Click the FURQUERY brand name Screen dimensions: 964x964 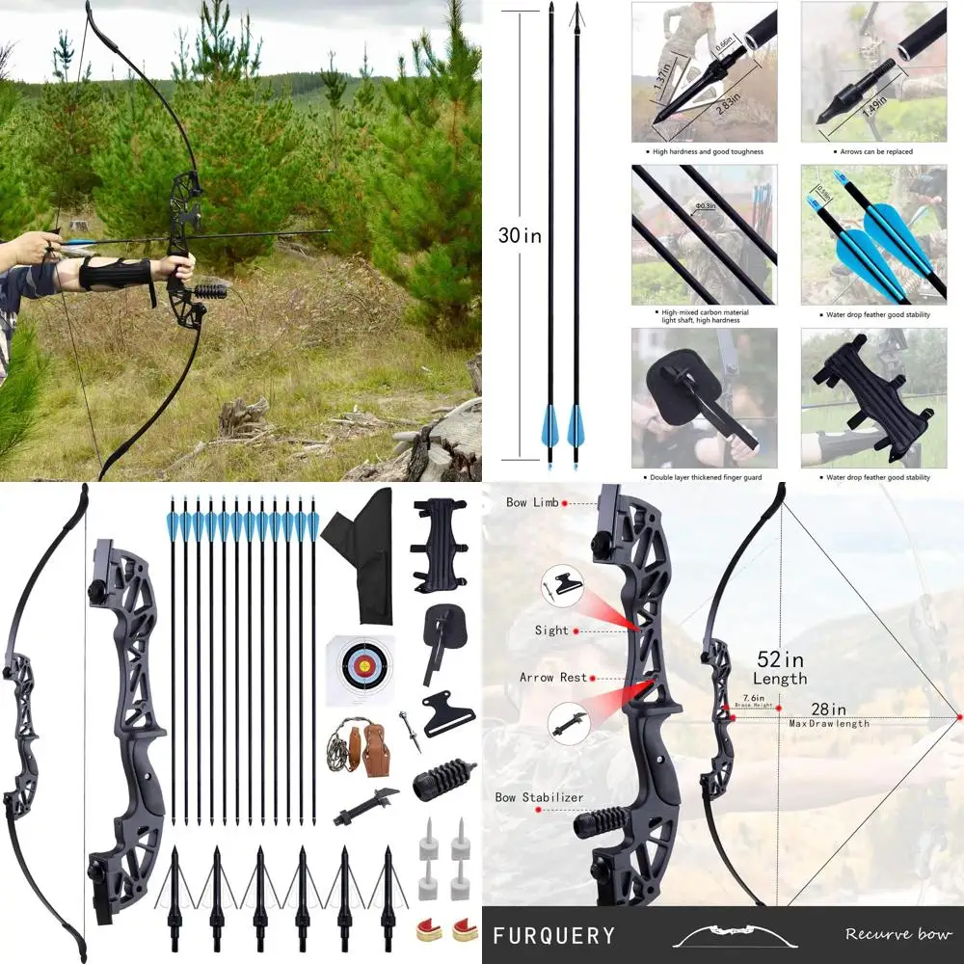click(553, 935)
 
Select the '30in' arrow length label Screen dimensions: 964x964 click(520, 235)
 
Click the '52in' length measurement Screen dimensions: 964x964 click(780, 660)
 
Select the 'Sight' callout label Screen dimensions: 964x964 click(551, 630)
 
